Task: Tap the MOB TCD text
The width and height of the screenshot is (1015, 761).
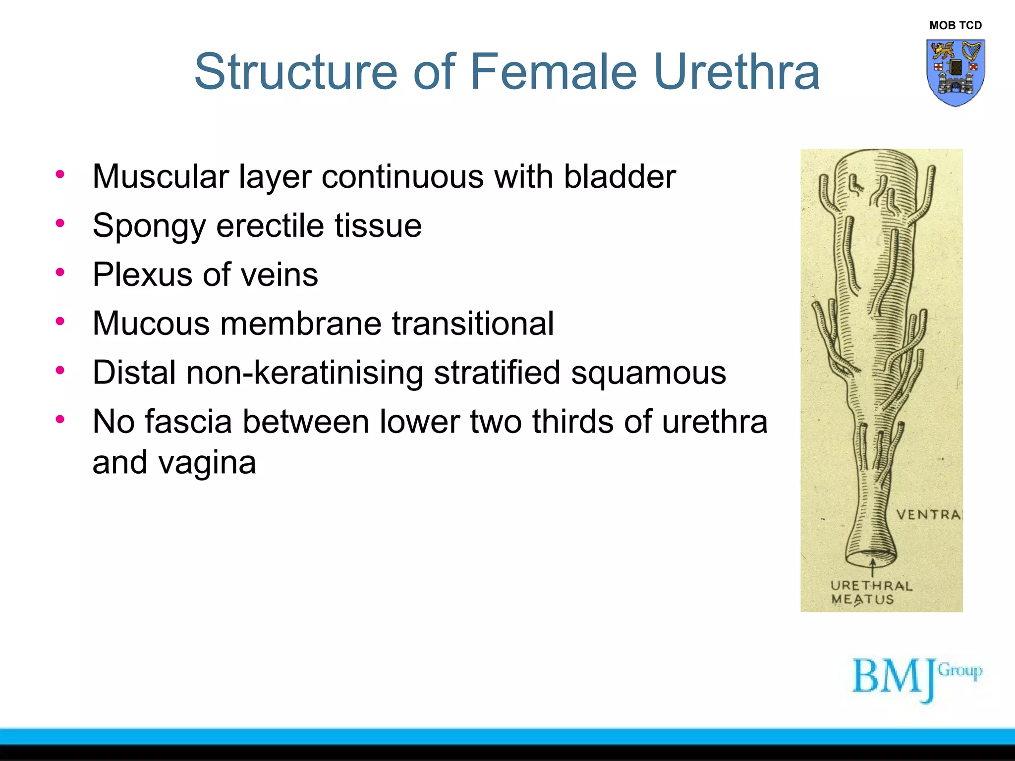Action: pyautogui.click(x=955, y=25)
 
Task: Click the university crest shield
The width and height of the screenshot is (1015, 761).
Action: pyautogui.click(x=955, y=72)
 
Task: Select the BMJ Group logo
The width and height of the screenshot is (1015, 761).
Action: pyautogui.click(x=916, y=678)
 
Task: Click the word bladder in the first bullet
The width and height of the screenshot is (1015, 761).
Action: pyautogui.click(x=620, y=177)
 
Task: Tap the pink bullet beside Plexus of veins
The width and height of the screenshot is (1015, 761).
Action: pyautogui.click(x=60, y=272)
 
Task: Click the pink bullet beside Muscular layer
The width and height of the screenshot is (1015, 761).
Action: pyautogui.click(x=60, y=174)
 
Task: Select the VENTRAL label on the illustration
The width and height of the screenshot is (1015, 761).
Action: pyautogui.click(x=928, y=515)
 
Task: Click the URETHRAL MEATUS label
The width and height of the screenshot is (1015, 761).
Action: pyautogui.click(x=871, y=593)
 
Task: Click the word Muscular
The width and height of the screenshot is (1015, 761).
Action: pyautogui.click(x=161, y=177)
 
